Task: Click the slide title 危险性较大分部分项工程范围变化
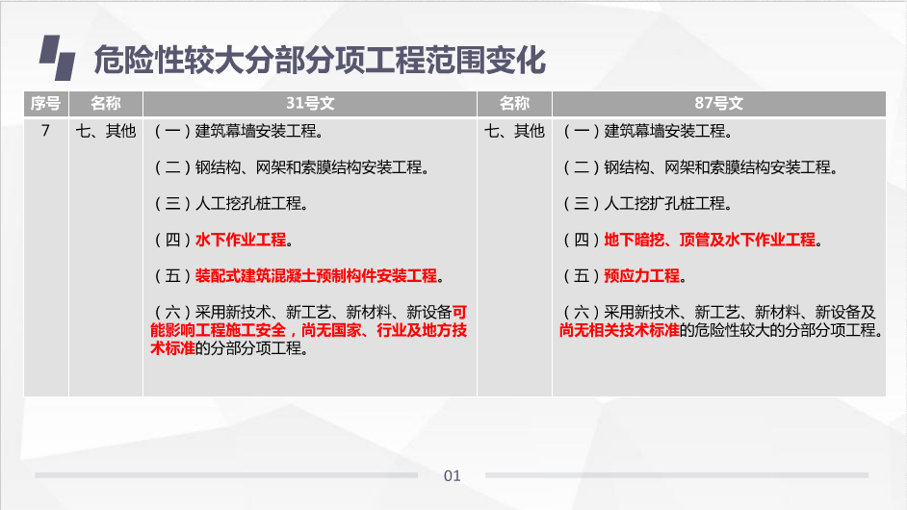click(x=320, y=60)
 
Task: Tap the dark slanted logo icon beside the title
click(x=57, y=58)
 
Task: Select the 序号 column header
click(x=45, y=104)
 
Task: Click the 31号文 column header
click(x=310, y=104)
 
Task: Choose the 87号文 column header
click(x=719, y=104)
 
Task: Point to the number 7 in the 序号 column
click(x=45, y=131)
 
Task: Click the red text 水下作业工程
click(x=241, y=240)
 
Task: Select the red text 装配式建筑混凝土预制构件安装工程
click(x=317, y=276)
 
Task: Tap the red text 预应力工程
click(x=641, y=276)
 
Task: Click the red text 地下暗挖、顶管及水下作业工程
click(x=710, y=240)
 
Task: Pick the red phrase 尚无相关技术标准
click(x=619, y=330)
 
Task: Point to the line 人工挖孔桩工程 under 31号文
click(x=231, y=204)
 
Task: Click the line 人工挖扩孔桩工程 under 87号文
click(x=647, y=204)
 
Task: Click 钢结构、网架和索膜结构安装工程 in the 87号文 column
click(x=717, y=167)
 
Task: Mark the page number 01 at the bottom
click(x=453, y=476)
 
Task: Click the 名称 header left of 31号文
click(x=106, y=104)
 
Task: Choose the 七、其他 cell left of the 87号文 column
click(x=514, y=131)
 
